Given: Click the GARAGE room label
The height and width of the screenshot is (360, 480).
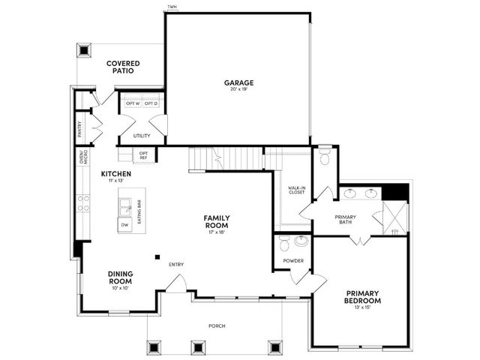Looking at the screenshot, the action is point(238,82).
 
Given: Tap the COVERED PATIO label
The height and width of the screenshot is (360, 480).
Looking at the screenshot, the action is point(123,67).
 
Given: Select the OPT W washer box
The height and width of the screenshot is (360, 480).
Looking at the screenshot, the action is point(133,103).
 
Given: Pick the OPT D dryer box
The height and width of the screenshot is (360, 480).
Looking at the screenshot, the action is point(151,103).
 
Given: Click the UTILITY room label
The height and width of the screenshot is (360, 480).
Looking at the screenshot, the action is point(142,136).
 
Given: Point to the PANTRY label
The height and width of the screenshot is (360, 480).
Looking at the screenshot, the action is point(80,129).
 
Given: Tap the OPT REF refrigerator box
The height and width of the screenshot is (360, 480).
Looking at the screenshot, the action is point(143,155).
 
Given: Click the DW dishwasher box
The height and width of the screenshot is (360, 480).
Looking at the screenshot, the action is point(124,225).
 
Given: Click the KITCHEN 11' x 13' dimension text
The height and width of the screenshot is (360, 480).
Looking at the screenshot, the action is point(115,181).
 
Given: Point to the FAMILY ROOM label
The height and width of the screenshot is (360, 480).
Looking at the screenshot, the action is point(217,222).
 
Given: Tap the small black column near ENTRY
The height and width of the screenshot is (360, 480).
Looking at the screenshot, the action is point(157,257).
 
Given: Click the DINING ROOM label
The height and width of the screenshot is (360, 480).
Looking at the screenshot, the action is point(120,277).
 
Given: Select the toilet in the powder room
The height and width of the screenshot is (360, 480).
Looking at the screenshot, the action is point(283,243).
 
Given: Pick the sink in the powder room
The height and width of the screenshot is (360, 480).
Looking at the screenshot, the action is point(302,241).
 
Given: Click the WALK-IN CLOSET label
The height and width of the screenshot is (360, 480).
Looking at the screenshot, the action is point(297,190).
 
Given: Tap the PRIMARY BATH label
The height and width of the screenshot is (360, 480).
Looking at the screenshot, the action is point(345,219).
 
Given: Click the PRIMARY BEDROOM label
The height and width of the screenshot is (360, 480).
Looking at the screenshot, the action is point(363,297).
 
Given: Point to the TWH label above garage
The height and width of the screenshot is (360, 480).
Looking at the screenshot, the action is point(172,7).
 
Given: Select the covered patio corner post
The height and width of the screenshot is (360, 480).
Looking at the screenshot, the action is point(84,50).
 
